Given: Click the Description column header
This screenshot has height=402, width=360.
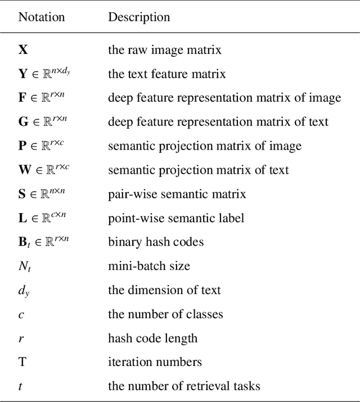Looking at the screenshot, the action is click(x=139, y=17).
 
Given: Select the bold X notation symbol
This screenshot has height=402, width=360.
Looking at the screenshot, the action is click(x=23, y=49).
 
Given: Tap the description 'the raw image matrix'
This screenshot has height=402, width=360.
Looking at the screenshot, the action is click(x=164, y=49).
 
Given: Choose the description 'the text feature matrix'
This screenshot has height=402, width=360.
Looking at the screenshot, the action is click(x=166, y=74).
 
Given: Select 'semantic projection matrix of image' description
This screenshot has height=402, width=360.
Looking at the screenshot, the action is click(x=205, y=146).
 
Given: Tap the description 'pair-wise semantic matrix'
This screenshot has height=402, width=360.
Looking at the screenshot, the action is click(x=177, y=194).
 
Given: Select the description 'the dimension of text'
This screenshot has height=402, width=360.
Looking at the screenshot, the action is click(x=164, y=290).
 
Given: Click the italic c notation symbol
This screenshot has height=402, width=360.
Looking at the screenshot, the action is click(x=21, y=314).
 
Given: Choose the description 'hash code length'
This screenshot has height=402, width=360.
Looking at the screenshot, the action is click(x=152, y=338).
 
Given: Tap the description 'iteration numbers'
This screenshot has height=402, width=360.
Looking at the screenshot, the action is click(x=155, y=362).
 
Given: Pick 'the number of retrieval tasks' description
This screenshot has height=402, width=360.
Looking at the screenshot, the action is click(x=184, y=386).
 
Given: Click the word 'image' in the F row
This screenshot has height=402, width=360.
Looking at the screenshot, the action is click(x=325, y=98).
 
